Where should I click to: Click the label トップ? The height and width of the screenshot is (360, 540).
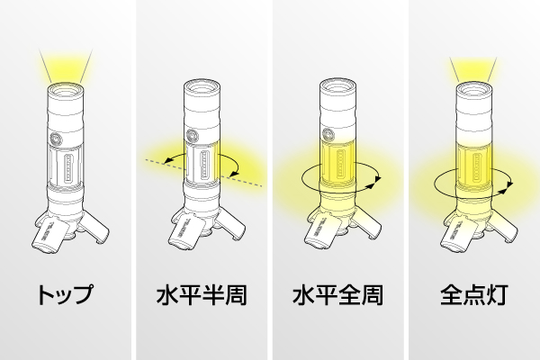(x=65, y=294)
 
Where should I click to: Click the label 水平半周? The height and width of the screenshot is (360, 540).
(x=201, y=294)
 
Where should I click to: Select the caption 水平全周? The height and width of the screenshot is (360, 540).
(x=337, y=294)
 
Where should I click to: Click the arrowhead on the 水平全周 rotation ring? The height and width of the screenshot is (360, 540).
(x=379, y=180)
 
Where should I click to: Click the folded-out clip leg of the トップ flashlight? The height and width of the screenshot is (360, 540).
(x=47, y=237)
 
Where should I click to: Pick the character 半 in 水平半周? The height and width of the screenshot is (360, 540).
(x=212, y=294)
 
